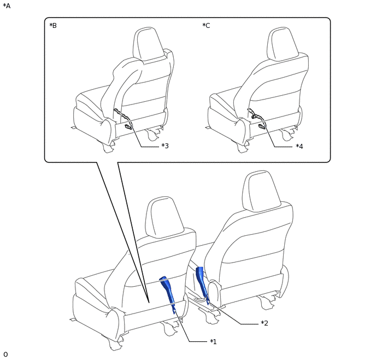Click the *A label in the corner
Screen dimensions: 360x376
pyautogui.click(x=7, y=6)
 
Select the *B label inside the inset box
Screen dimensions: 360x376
pyautogui.click(x=53, y=25)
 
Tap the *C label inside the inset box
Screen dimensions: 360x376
pyautogui.click(x=206, y=25)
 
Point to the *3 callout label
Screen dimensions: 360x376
pyautogui.click(x=164, y=146)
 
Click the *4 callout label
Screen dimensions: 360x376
pyautogui.click(x=299, y=146)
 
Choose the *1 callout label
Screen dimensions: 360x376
pyautogui.click(x=213, y=341)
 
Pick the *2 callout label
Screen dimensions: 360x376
pyautogui.click(x=265, y=323)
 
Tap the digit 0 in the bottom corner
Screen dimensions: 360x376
pyautogui.click(x=5, y=354)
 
